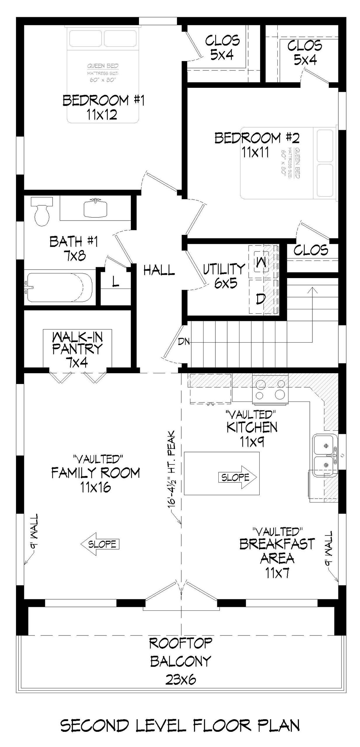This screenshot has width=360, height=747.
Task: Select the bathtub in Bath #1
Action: pyautogui.click(x=58, y=287)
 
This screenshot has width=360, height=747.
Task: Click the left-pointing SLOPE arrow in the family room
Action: pyautogui.click(x=100, y=544)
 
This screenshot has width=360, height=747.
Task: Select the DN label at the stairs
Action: pyautogui.click(x=184, y=341)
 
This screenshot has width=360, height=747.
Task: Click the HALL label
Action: pyautogui.click(x=159, y=270)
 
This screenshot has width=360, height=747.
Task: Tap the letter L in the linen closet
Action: pyautogui.click(x=116, y=281)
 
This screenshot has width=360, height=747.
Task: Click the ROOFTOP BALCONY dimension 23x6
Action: pyautogui.click(x=181, y=680)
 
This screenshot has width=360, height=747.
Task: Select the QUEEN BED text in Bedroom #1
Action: pyautogui.click(x=103, y=66)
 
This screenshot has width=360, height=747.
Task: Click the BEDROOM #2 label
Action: pyautogui.click(x=257, y=138)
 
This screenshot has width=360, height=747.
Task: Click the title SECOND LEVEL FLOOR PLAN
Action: pyautogui.click(x=180, y=725)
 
